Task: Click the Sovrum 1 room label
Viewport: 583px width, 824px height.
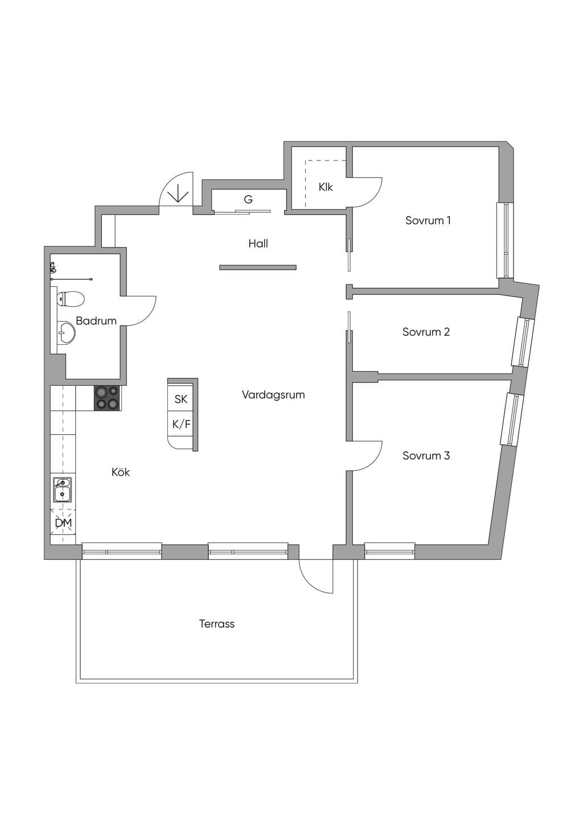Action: (x=428, y=221)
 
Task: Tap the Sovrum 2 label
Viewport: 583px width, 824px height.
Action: (x=426, y=332)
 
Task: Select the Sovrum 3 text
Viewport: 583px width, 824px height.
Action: (x=426, y=456)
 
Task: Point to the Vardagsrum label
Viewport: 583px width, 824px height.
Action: (x=273, y=395)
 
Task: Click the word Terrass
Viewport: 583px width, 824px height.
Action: (x=217, y=624)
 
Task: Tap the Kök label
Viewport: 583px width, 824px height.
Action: (x=121, y=472)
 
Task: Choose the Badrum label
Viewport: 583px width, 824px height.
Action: (x=96, y=321)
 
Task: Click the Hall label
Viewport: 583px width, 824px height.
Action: (x=258, y=244)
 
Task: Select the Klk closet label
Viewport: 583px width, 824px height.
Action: (x=326, y=187)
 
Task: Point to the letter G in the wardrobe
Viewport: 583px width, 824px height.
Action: (x=248, y=200)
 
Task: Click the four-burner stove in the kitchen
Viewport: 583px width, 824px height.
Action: (x=108, y=398)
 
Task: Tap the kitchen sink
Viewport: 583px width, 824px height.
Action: (x=63, y=489)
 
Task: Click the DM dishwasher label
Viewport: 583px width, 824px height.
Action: (x=63, y=523)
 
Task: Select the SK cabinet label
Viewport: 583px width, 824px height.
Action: (x=180, y=399)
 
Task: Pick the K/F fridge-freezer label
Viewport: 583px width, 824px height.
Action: (x=182, y=425)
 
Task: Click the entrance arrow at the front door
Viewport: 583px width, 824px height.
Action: (x=178, y=193)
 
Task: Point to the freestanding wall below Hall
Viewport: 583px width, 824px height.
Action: (x=258, y=267)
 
